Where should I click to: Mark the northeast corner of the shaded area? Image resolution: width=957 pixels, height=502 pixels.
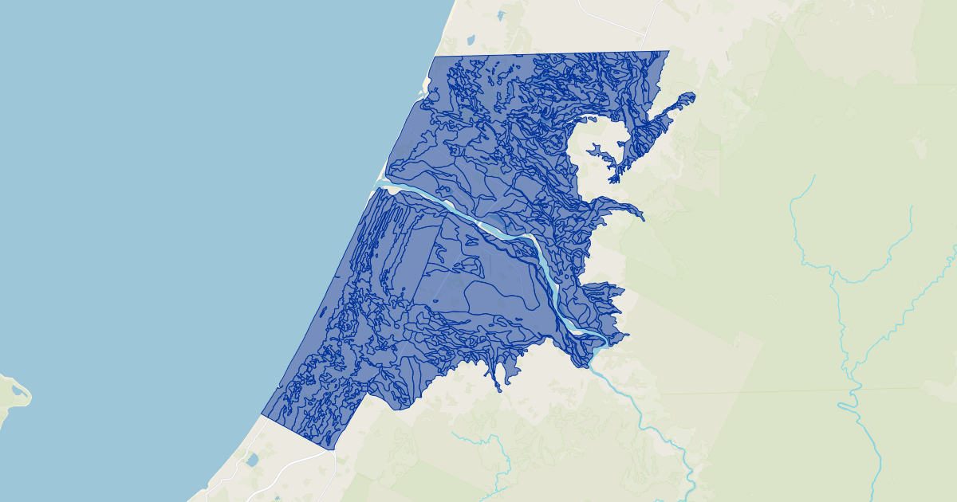668,52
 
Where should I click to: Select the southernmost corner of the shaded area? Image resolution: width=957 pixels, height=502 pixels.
333,449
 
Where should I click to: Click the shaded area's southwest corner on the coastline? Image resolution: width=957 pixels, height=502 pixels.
262,414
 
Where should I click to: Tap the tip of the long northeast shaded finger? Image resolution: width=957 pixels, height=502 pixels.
691,96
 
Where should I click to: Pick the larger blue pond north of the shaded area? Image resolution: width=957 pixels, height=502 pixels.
470,39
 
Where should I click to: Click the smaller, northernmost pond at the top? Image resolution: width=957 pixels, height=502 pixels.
500,15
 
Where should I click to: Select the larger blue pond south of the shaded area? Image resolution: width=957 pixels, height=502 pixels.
252,460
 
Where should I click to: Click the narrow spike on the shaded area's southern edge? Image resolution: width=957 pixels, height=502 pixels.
498,388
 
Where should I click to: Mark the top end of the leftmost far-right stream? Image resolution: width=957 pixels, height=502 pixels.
813,177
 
